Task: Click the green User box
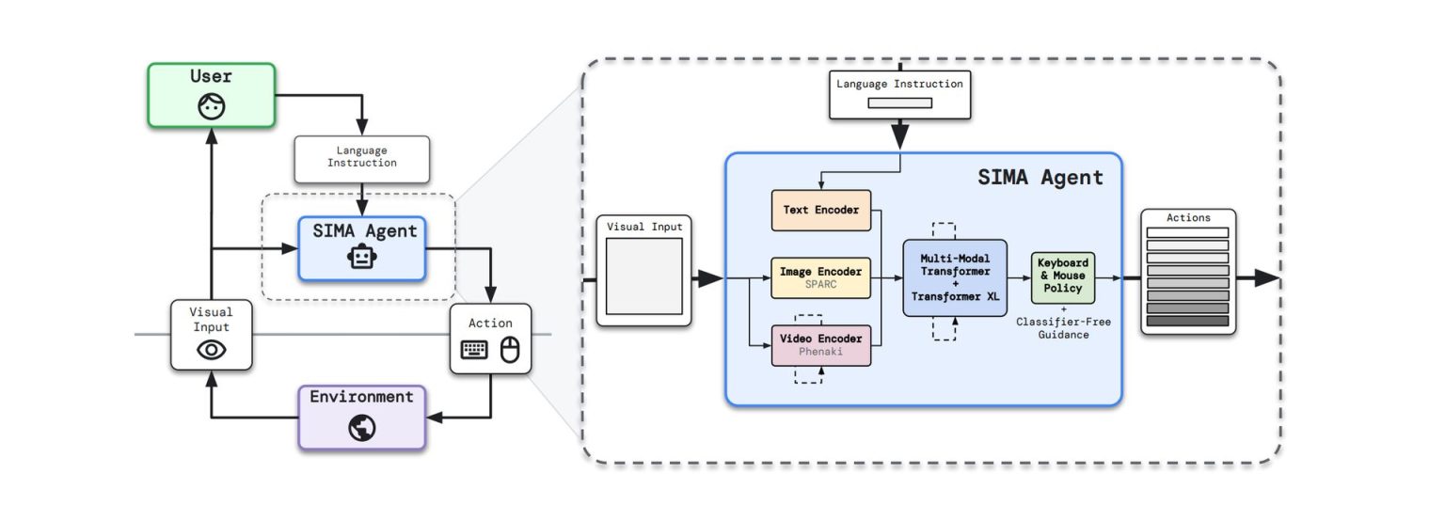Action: [x=211, y=94]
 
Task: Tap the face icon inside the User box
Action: [x=211, y=106]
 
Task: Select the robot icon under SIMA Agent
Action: [x=361, y=258]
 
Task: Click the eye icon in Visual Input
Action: [x=211, y=350]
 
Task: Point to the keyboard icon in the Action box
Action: [x=474, y=351]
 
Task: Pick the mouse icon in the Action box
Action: [x=509, y=351]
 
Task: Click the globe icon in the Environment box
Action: [x=361, y=428]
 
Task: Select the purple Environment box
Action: [x=361, y=416]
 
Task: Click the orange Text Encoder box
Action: [x=820, y=210]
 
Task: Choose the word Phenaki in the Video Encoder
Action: [x=820, y=353]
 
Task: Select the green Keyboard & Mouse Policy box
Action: [x=1063, y=276]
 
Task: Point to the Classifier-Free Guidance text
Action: [x=1064, y=328]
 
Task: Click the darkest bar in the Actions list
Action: [x=1187, y=322]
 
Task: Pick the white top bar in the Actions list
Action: [x=1187, y=232]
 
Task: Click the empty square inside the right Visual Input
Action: [x=643, y=276]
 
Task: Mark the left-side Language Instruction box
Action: [x=361, y=158]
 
